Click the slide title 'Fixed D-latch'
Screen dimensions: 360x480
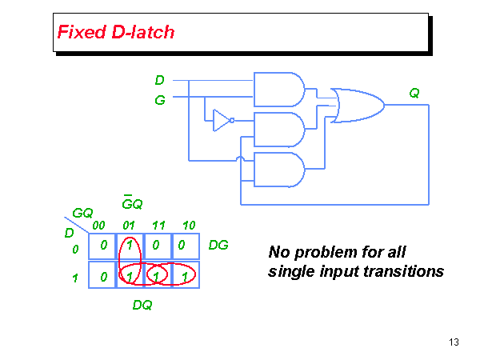pyautogui.click(x=115, y=33)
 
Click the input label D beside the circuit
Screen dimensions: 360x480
pyautogui.click(x=160, y=80)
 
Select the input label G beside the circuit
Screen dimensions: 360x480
pyautogui.click(x=160, y=101)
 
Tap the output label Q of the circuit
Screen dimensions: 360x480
pyautogui.click(x=414, y=93)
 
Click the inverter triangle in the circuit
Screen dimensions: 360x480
pyautogui.click(x=221, y=120)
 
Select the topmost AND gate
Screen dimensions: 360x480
pyautogui.click(x=278, y=89)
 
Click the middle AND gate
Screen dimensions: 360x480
pyautogui.click(x=278, y=128)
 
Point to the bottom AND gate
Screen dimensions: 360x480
pyautogui.click(x=278, y=169)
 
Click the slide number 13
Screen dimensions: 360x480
pyautogui.click(x=454, y=342)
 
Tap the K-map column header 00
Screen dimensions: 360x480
pyautogui.click(x=99, y=226)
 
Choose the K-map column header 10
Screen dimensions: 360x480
pyautogui.click(x=189, y=226)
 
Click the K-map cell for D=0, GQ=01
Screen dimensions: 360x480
pyautogui.click(x=128, y=246)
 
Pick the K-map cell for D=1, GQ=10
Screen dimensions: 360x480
pyautogui.click(x=186, y=276)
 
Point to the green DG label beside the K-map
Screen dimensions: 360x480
pyautogui.click(x=218, y=246)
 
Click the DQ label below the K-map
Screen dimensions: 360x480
pyautogui.click(x=142, y=305)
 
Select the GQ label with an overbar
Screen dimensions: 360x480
pyautogui.click(x=132, y=203)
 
